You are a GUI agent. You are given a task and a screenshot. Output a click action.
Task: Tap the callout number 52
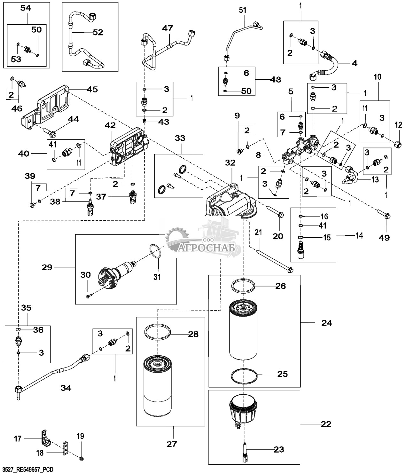pos(98,32)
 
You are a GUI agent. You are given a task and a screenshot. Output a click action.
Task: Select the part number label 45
pos(92,89)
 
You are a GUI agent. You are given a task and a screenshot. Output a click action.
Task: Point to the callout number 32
pos(230,163)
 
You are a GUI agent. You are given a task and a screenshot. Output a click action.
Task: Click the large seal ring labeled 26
pos(244,285)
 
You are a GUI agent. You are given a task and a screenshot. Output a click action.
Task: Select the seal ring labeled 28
pos(158,332)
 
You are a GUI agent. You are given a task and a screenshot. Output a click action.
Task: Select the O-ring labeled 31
pos(155,251)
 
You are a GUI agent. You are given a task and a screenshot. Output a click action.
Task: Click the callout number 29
pos(47,267)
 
